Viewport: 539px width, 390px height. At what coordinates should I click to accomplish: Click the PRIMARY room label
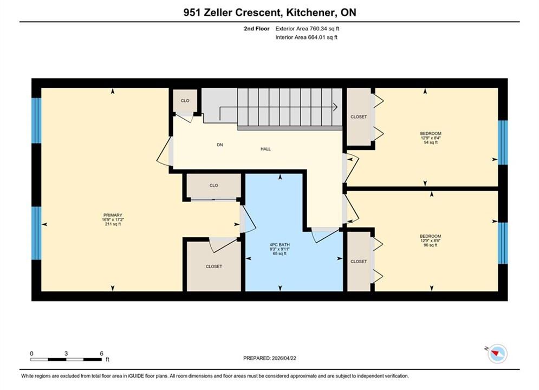(113, 215)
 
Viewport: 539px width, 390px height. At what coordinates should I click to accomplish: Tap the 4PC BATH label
(280, 245)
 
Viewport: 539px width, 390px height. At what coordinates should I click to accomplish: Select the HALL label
(265, 149)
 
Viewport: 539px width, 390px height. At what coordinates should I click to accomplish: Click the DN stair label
(219, 145)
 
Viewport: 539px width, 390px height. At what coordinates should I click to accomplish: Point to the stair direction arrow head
(335, 107)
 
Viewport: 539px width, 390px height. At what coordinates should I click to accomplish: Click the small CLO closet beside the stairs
(185, 101)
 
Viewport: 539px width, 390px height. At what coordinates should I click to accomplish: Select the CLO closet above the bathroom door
(213, 186)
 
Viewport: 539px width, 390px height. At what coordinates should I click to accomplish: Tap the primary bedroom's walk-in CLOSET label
(214, 266)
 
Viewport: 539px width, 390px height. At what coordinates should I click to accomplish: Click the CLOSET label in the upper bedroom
(359, 117)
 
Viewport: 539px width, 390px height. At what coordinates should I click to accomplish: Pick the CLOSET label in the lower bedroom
(359, 262)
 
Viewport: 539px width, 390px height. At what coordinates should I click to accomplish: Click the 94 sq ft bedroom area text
(430, 142)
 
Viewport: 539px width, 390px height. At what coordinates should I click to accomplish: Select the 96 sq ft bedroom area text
(430, 245)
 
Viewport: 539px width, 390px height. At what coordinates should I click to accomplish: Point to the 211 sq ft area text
(113, 224)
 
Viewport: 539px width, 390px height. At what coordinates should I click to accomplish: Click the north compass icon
(497, 354)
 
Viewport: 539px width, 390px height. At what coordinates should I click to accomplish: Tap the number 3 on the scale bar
(66, 353)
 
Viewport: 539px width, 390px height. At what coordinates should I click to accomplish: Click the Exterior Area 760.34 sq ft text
(307, 29)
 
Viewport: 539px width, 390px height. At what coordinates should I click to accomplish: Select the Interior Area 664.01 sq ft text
(306, 37)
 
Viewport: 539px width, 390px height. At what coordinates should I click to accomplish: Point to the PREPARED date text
(270, 358)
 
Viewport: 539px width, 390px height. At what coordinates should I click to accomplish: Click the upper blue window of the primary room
(36, 121)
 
